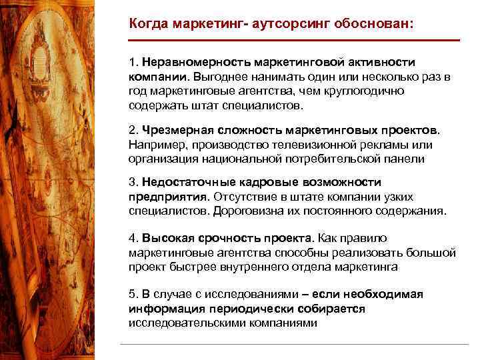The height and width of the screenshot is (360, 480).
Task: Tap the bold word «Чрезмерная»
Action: (173, 131)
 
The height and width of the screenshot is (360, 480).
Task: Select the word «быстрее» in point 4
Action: (194, 267)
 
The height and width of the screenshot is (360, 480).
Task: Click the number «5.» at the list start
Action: (134, 295)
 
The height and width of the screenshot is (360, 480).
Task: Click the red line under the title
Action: (294, 41)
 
